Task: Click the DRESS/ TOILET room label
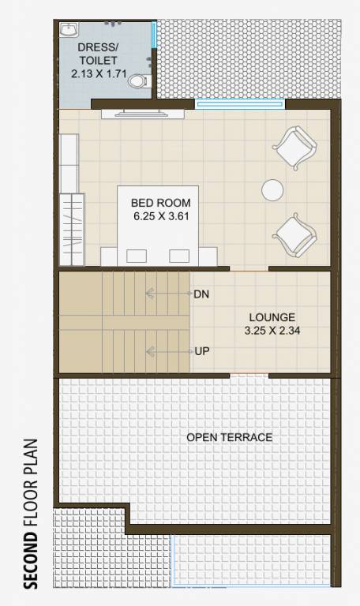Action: coord(98,54)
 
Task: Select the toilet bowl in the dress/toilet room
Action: coord(139,80)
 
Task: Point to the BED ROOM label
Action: coord(161,203)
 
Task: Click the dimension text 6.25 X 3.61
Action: coord(162,215)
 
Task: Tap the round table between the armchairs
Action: coord(272,189)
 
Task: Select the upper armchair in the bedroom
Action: coord(294,148)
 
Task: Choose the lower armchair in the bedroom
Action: coord(294,235)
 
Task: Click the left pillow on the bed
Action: coord(136,255)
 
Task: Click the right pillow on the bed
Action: coord(181,255)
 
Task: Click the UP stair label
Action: coord(202,350)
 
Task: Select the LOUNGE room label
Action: coord(269,317)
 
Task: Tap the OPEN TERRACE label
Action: coord(229,437)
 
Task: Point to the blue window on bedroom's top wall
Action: coord(239,103)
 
